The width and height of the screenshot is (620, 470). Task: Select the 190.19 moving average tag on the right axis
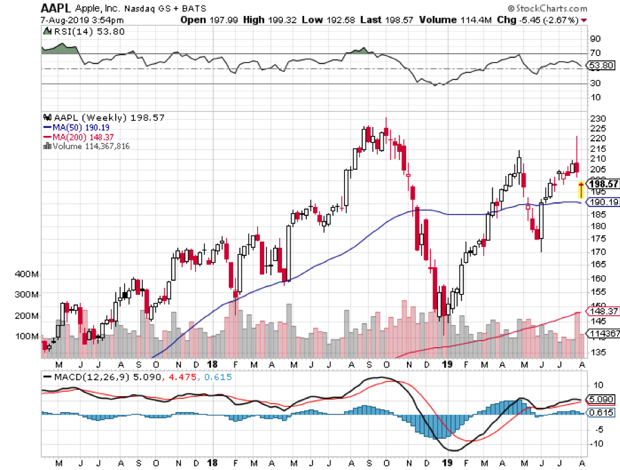[x=600, y=203]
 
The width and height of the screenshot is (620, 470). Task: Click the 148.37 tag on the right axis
[x=600, y=311]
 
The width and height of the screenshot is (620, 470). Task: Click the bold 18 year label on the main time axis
[x=212, y=364]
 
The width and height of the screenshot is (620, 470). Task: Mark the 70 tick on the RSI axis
[x=594, y=53]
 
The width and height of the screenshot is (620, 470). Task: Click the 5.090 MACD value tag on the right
[x=600, y=399]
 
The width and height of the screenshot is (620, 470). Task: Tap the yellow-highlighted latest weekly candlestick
[x=581, y=188]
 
